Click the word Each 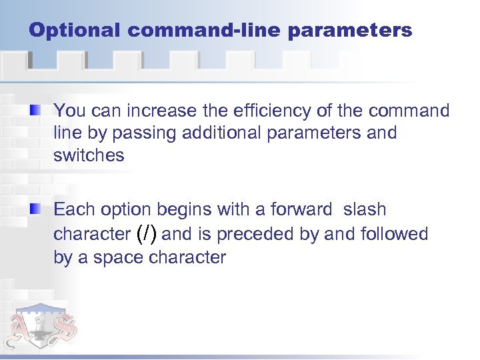click(75, 210)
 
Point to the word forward click(301, 210)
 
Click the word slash click(365, 210)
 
